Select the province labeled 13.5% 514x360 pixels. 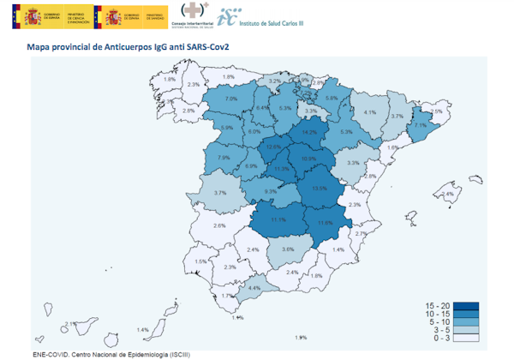pyautogui.click(x=320, y=188)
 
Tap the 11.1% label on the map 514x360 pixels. pyautogui.click(x=277, y=219)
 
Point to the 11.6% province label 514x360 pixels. pyautogui.click(x=325, y=223)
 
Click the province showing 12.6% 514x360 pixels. pyautogui.click(x=274, y=147)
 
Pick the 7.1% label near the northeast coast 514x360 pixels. pyautogui.click(x=420, y=125)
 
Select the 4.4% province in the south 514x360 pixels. pyautogui.click(x=254, y=288)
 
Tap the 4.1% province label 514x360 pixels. pyautogui.click(x=370, y=112)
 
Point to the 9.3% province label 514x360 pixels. pyautogui.click(x=271, y=191)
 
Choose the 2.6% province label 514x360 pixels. pyautogui.click(x=219, y=225)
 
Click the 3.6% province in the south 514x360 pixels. pyautogui.click(x=288, y=249)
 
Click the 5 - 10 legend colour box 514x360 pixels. pyautogui.click(x=466, y=322)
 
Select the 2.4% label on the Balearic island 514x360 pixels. pyautogui.click(x=447, y=195)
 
